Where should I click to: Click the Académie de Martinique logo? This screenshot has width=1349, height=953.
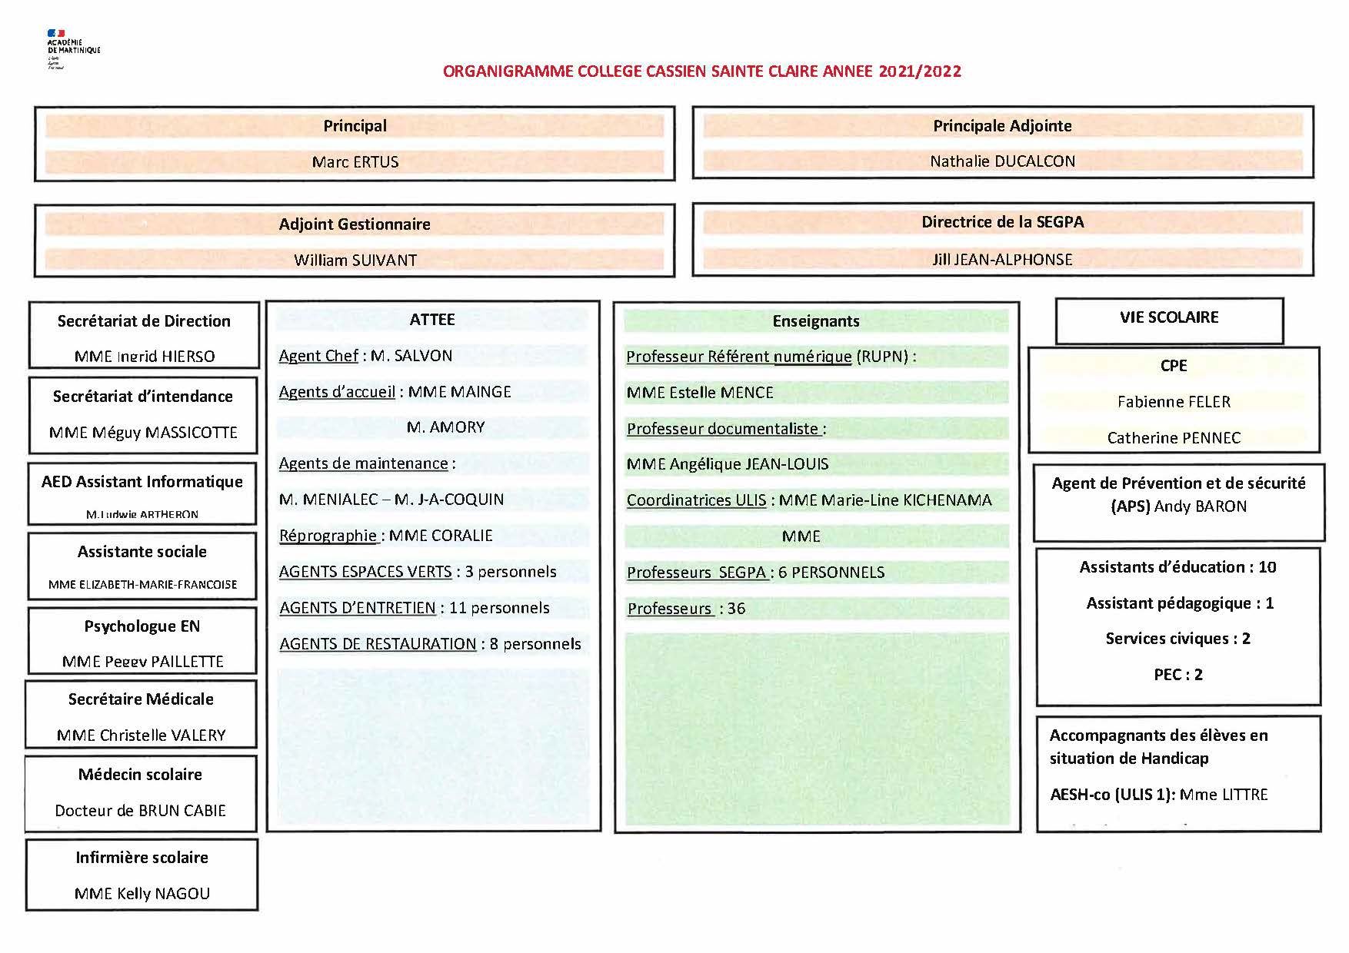[x=72, y=48]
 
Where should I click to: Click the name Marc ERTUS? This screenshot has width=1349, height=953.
[x=355, y=162]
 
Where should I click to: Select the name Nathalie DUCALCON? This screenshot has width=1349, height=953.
[x=1002, y=161]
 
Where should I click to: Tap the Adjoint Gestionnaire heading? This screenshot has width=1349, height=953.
[x=355, y=224]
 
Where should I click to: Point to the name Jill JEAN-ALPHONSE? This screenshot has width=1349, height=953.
[x=1002, y=260]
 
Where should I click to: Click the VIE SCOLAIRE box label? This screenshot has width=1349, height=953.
[x=1169, y=317]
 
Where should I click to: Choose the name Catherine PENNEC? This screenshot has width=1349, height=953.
[x=1174, y=438]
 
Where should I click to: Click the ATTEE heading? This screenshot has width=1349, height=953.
[x=432, y=320]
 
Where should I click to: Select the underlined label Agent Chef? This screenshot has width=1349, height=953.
[x=318, y=356]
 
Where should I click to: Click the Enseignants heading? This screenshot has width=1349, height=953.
[x=816, y=321]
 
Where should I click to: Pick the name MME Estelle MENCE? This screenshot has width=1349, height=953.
[x=700, y=393]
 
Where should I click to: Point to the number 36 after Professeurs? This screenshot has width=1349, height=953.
[x=737, y=609]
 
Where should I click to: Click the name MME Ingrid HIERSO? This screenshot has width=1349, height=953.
[x=145, y=357]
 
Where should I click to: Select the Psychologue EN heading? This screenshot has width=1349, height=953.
[x=142, y=626]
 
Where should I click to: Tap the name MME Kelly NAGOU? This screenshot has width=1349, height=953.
[x=142, y=894]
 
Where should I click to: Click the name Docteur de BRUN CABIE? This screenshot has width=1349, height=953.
[x=141, y=811]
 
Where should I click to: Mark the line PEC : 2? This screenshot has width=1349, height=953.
[x=1177, y=675]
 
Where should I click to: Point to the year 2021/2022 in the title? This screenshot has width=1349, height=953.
[x=920, y=71]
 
